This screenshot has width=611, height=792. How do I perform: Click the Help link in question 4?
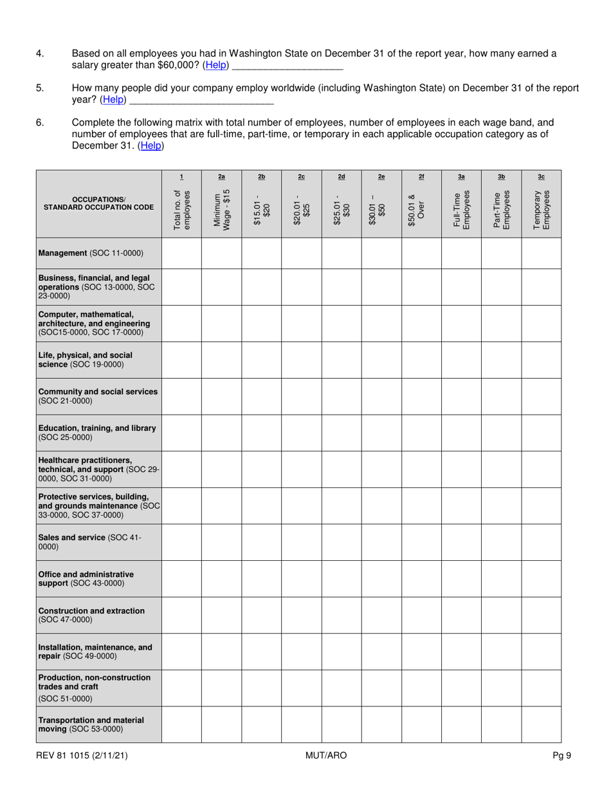click(215, 66)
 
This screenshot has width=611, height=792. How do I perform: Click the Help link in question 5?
click(114, 100)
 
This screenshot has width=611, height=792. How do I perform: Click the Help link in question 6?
click(151, 146)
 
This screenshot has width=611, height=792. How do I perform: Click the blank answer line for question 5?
click(202, 100)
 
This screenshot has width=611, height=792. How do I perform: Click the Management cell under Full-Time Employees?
click(461, 253)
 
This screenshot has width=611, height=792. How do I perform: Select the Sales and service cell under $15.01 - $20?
click(261, 542)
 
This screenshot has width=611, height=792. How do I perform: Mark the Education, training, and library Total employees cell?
click(181, 433)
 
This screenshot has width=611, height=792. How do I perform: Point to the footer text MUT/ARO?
click(326, 755)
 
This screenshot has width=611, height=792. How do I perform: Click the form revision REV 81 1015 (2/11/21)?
click(82, 755)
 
